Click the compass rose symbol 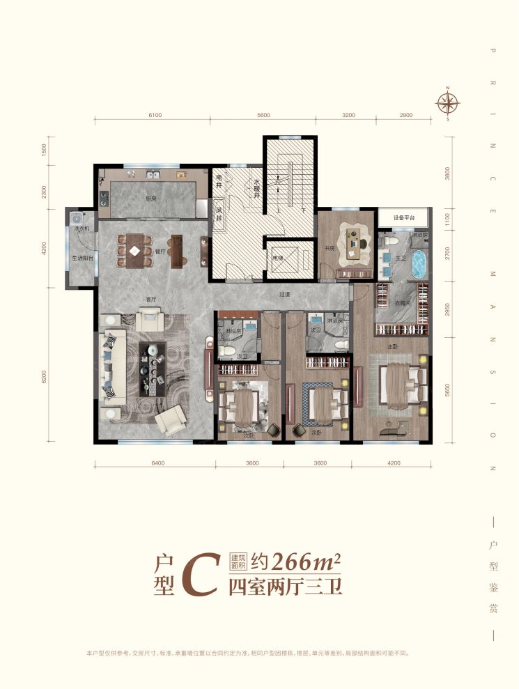(448, 104)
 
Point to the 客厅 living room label (150, 300)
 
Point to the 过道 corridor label (285, 294)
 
